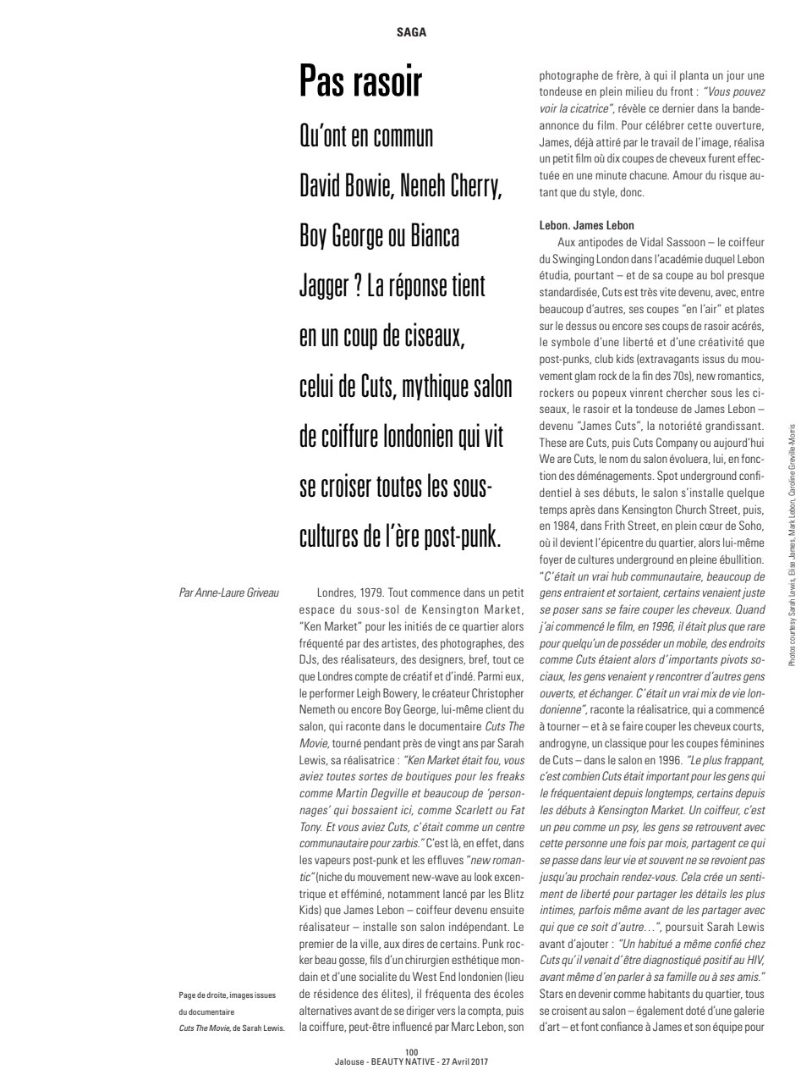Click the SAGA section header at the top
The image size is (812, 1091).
click(411, 33)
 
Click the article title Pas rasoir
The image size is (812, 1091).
click(360, 83)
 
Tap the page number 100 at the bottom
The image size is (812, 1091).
click(412, 1053)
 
